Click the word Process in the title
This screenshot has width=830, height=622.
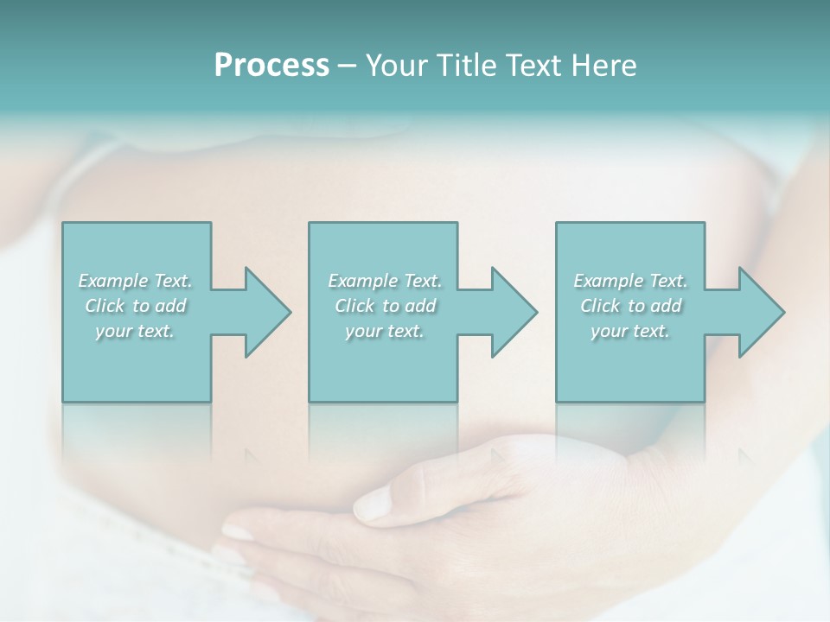click(x=271, y=66)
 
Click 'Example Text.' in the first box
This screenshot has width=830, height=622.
click(x=136, y=281)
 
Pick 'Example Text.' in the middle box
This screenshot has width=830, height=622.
click(x=385, y=281)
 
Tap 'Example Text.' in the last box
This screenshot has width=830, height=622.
click(x=630, y=281)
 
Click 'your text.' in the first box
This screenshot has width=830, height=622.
click(x=136, y=331)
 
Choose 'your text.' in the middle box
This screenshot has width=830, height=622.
click(x=385, y=331)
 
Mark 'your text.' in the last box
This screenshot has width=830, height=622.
click(x=630, y=331)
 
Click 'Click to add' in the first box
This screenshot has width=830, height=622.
click(x=136, y=306)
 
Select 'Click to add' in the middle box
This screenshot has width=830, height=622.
click(x=385, y=306)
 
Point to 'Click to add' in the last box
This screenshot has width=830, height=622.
click(x=630, y=306)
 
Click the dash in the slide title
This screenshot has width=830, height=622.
click(x=347, y=67)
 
